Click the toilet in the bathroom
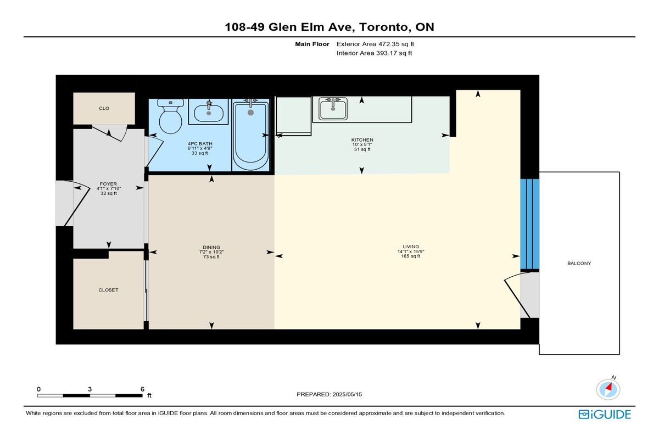[x=170, y=116]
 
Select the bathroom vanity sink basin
[x=209, y=113]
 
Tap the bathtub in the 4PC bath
[x=250, y=135]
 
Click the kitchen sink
[x=333, y=109]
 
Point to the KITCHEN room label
[x=362, y=140]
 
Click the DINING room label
[x=211, y=247]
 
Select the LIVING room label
[x=411, y=247]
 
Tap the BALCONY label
[x=579, y=263]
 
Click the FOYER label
[x=108, y=184]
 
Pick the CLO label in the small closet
[x=104, y=108]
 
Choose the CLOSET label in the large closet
[x=108, y=290]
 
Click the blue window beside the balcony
[x=529, y=224]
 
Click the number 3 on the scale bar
[x=90, y=389]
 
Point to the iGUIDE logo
[x=604, y=415]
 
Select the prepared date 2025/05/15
[x=347, y=394]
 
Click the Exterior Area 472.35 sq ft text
[x=375, y=44]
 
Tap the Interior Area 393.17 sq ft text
[x=374, y=53]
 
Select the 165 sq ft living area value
[x=411, y=256]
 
